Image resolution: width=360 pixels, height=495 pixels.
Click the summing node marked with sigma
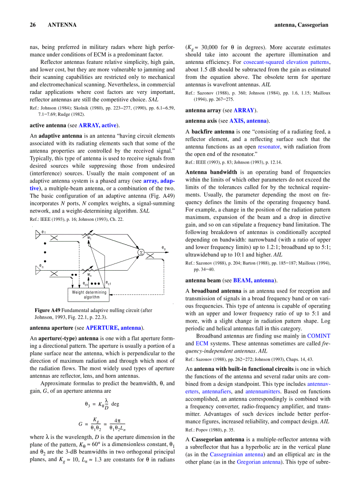click(x=141, y=252)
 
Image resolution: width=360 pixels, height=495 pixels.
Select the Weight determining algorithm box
click(x=89, y=294)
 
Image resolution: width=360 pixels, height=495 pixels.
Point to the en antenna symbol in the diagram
click(x=37, y=269)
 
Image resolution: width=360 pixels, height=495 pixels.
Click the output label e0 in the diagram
click(x=164, y=249)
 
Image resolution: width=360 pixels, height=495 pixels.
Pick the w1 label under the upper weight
click(x=89, y=238)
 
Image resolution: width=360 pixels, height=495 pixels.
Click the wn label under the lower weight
click(x=90, y=275)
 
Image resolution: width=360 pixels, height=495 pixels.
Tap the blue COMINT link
click(x=319, y=336)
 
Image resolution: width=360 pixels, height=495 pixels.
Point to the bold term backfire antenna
click(x=213, y=132)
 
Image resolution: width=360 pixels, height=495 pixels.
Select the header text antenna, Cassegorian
click(x=301, y=25)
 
